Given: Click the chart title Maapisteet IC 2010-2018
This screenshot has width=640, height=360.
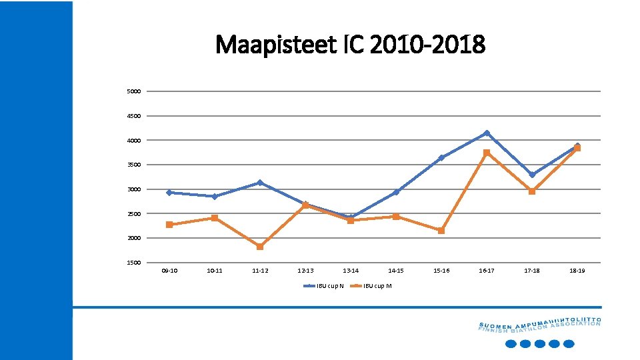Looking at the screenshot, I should coord(351,45).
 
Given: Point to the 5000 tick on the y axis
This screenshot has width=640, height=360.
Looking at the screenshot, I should coord(134,91).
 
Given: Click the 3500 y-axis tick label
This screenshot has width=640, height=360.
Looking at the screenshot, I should coord(134,165).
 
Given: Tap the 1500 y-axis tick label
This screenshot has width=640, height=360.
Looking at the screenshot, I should coord(134,263).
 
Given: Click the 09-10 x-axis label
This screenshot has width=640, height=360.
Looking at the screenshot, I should coord(169,271).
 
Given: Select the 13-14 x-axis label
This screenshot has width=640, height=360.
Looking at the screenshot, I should coord(351,271).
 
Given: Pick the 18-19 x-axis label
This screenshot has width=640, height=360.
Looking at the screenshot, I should coord(577,271).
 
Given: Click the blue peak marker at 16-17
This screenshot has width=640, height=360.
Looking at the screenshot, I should coord(487,133).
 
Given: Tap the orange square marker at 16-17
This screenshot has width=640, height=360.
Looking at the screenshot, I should coord(487,153).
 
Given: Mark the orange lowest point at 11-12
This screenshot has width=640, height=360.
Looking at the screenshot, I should coord(260,247).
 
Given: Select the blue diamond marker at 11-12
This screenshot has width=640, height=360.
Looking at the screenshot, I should coord(260,183).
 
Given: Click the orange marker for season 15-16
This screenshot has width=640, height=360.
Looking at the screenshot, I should coord(441,231).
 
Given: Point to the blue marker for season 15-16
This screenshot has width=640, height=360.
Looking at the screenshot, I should coord(441,158).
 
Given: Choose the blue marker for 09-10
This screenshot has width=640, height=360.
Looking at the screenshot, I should coord(169,193).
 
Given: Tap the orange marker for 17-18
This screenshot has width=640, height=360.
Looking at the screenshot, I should coord(532,191).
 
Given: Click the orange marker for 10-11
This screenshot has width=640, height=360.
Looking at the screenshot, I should coord(215,218).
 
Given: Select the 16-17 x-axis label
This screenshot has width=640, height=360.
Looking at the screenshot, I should coord(487,271).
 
